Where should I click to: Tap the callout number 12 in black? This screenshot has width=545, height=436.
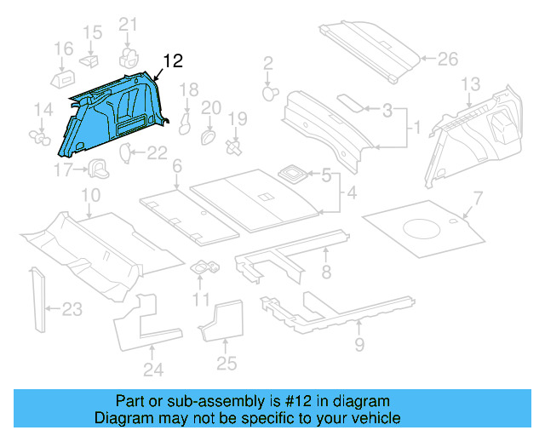173,60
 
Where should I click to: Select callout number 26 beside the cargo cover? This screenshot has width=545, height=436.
447,60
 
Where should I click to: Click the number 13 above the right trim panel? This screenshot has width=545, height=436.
471,83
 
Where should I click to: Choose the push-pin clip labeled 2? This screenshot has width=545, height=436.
270,91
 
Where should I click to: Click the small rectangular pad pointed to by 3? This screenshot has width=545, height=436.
347,101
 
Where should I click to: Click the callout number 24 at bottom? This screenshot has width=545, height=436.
152,369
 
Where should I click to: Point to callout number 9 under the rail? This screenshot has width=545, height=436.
359,344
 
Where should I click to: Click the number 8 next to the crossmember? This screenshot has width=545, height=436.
326,272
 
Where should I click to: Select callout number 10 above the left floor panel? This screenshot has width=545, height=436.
89,198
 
